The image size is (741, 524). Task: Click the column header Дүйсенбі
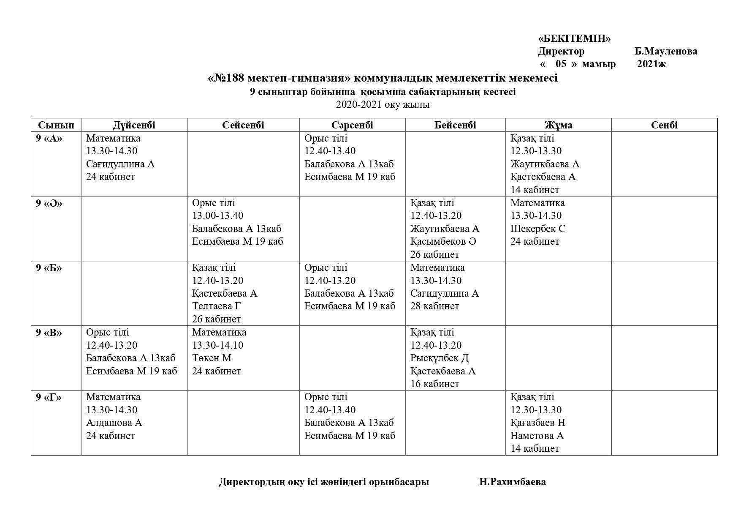point(134,125)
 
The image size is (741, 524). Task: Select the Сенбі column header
point(664,125)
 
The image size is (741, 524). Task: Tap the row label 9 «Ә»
point(49,203)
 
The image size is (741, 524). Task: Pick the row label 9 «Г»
point(49,397)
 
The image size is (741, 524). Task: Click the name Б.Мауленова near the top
point(666,52)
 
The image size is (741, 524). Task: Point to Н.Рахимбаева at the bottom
point(512,482)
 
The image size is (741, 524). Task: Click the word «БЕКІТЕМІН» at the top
point(574,39)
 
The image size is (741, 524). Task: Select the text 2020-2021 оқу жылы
point(383,105)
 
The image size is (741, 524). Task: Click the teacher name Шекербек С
point(537,229)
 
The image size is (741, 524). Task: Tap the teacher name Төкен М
point(212,358)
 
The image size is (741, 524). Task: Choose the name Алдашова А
point(114,423)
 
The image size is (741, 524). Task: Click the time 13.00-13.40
point(217,216)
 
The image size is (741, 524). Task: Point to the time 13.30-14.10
point(217,345)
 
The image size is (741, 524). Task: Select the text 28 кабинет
point(434,306)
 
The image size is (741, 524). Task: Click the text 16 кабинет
point(434,384)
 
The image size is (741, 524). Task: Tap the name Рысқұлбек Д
point(440,358)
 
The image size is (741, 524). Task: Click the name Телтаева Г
point(216,306)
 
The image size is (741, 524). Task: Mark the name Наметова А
point(537,436)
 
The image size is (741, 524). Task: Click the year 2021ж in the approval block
point(651,64)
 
